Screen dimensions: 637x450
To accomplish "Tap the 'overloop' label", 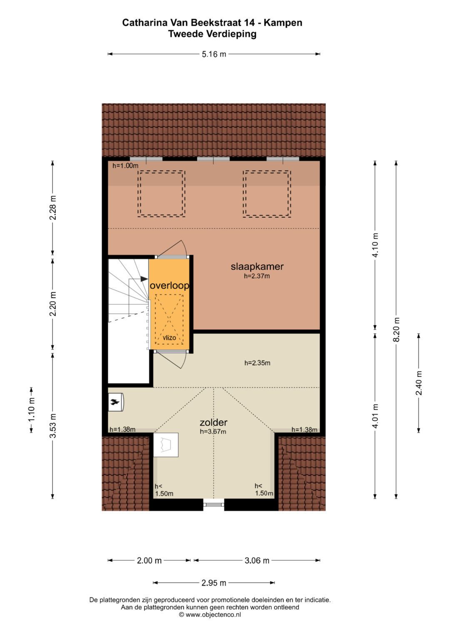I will coord(169,285).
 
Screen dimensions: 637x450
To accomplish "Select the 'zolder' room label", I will coord(213,423).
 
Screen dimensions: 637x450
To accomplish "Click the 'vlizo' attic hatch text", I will coord(169,337).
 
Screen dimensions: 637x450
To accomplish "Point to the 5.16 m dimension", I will coord(214,54).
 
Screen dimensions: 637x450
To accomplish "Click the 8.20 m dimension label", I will coord(397,330).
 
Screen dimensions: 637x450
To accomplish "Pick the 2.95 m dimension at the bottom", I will coord(214,583).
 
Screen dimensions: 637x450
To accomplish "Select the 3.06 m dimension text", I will coord(257,561).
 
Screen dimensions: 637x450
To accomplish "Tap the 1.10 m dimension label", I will coord(31,410).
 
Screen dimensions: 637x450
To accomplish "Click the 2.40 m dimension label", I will coord(419,383).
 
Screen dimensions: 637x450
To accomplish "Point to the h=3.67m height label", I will coord(213,432).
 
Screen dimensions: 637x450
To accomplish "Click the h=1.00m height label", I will coord(125,166).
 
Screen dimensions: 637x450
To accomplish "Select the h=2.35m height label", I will coord(257,363).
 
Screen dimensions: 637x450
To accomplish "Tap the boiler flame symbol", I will coord(114,402).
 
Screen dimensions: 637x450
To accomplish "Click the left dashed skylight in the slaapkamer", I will coord(162,194).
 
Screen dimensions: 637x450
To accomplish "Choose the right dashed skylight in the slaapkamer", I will coord(267,194).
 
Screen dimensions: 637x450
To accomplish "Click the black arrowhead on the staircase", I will coord(144,279).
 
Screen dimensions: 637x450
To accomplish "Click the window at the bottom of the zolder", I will coord(214,505).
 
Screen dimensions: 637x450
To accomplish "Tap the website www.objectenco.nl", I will coord(210,614).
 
